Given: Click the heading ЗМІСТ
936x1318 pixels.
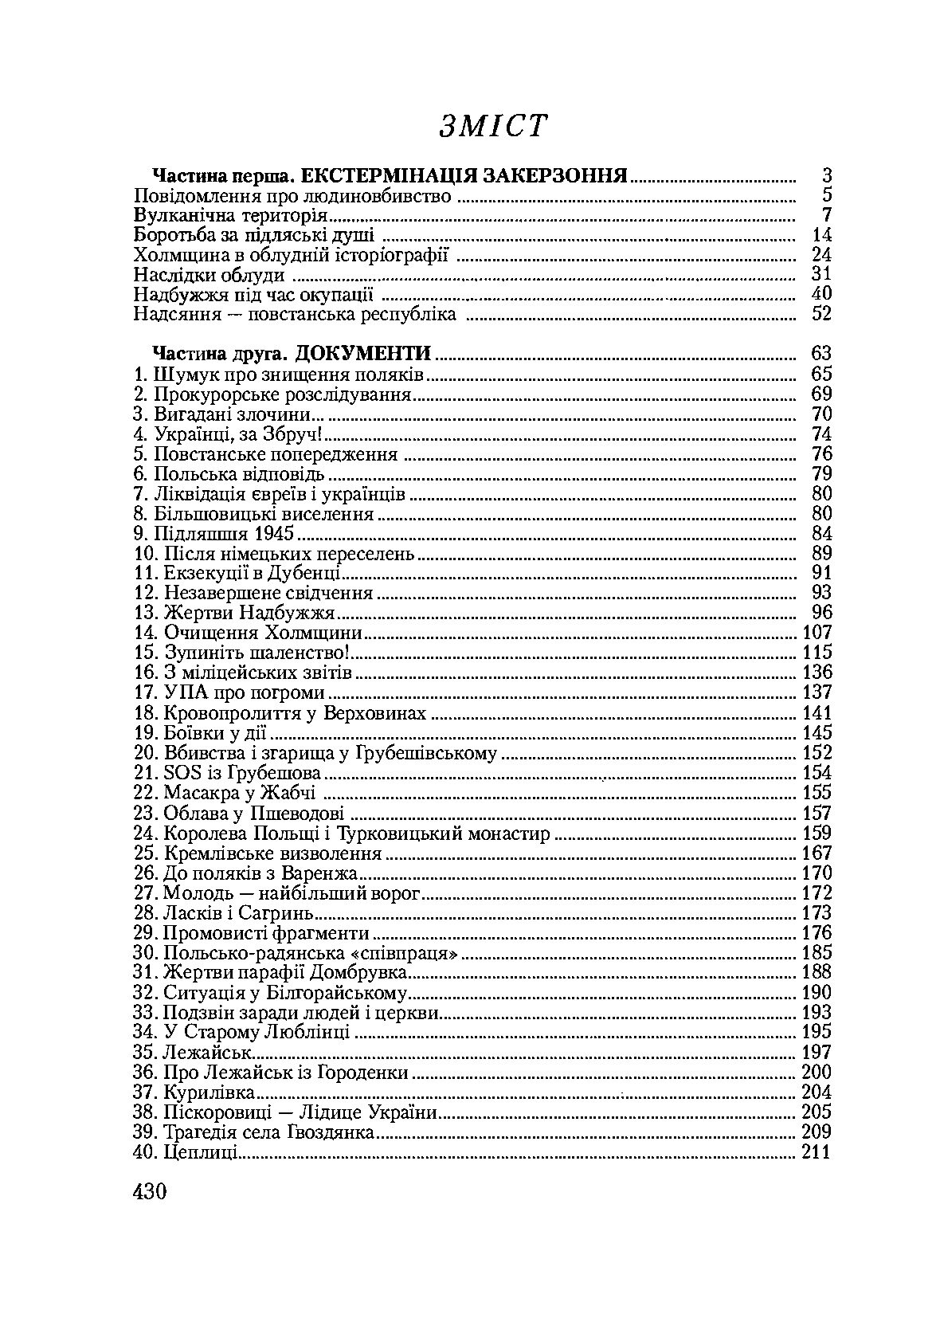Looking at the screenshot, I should coord(492,126).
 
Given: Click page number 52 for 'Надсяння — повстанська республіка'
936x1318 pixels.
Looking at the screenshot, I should coord(821,315).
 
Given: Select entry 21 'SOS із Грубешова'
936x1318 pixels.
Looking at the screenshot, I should coord(227,773).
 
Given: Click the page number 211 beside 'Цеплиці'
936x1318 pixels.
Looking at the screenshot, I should coord(815,1152).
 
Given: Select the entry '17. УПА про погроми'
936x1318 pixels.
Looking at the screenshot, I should coord(229,693).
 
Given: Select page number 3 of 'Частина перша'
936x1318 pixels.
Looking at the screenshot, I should coord(827,176).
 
